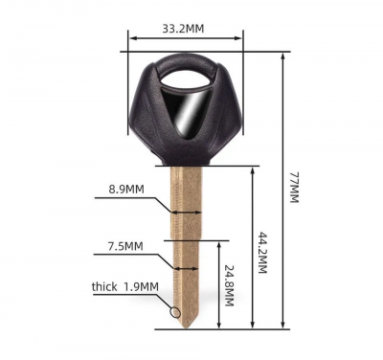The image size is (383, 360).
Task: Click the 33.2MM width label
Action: tap(183, 29)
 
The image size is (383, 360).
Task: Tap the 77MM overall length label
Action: tap(294, 188)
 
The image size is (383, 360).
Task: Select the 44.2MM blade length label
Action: tap(262, 253)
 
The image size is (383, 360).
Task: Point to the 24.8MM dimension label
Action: tap(230, 285)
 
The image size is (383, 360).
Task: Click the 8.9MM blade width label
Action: tap(126, 190)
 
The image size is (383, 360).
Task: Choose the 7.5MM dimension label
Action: tap(125, 246)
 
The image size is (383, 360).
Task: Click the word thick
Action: tap(104, 286)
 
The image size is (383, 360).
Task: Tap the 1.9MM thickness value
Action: tap(141, 287)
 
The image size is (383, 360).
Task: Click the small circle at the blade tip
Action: tap(175, 312)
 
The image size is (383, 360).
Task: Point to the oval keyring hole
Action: tap(186, 79)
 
